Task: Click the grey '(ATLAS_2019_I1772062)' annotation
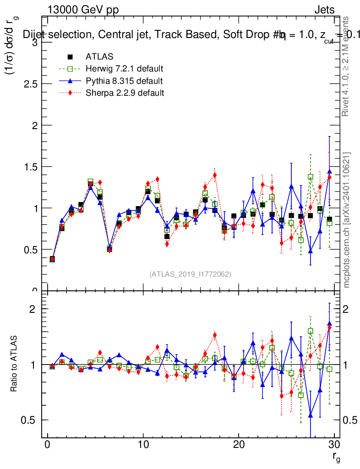tap(190, 274)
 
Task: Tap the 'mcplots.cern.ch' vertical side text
tap(347, 219)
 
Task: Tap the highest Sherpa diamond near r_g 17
tap(215, 175)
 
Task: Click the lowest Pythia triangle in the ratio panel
tap(311, 415)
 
